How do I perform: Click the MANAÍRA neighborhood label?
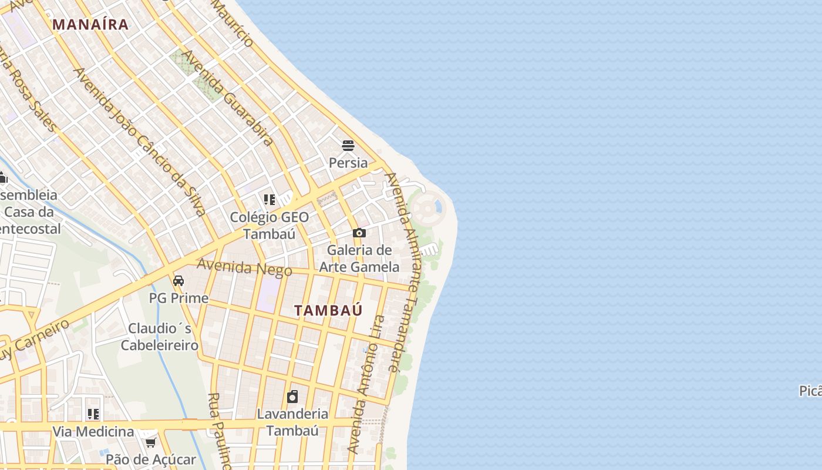point(90,25)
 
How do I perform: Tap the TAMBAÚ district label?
point(328,311)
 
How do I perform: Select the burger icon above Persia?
point(348,146)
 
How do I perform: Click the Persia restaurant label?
point(348,163)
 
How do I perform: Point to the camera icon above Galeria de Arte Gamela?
point(359,233)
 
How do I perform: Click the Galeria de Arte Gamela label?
point(359,258)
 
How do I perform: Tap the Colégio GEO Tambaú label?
point(269,226)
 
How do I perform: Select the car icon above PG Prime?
point(178,281)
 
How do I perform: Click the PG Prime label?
point(178,298)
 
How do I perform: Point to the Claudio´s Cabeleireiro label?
point(160,337)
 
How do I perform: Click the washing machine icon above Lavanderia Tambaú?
point(292,397)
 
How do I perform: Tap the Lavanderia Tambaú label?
point(292,422)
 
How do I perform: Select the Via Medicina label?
point(93,432)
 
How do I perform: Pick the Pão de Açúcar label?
point(151,459)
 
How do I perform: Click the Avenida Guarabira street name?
point(227,98)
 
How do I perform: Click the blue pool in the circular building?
point(437,206)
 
